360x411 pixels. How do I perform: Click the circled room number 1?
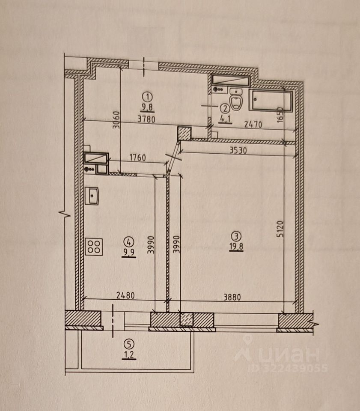pos(147,97)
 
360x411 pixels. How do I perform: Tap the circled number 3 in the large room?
pos(236,236)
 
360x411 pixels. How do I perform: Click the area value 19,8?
pos(236,247)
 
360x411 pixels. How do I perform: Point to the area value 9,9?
pos(129,253)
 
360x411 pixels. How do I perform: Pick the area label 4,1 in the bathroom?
pos(225,119)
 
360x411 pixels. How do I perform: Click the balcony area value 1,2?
pos(129,354)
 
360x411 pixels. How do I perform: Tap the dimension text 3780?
pos(146,119)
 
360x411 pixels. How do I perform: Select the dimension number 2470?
pos(253,124)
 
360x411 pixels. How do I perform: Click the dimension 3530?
pos(238,150)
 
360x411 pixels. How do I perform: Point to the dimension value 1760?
pos(137,158)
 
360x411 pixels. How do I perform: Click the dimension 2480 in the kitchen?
pos(125,295)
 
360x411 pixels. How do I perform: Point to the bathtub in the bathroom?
pos(271,101)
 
